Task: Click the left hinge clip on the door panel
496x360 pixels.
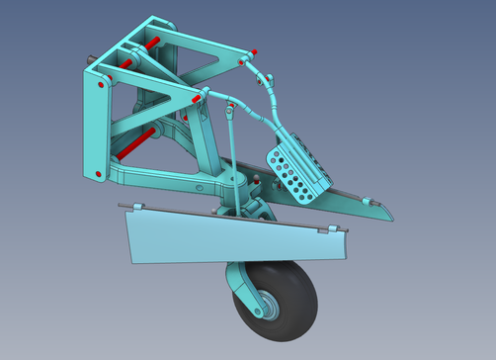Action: click(136, 207)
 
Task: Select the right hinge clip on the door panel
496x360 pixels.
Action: click(336, 231)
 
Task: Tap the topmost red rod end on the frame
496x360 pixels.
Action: click(154, 43)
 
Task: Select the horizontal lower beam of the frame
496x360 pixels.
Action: click(163, 180)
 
